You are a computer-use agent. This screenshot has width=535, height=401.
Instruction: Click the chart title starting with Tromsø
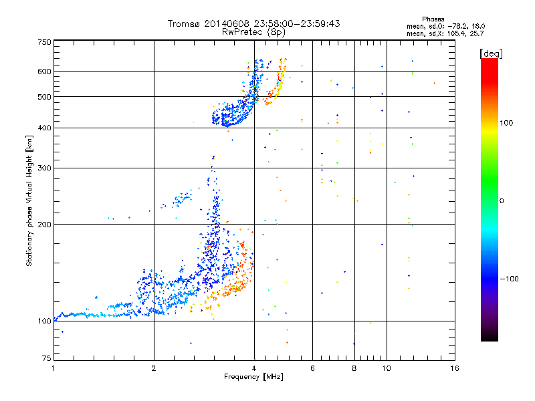point(254,23)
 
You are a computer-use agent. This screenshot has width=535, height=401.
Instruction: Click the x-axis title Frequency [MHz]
point(254,378)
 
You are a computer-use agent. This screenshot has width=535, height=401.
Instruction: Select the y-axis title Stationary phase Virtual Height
point(29,200)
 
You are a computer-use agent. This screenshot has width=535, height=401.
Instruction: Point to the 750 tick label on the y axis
point(44,42)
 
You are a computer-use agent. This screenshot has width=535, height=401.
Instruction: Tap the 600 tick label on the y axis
point(44,71)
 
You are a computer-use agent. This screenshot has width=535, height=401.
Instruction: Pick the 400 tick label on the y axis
point(44,128)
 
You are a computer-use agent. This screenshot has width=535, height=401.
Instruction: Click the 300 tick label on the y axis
point(44,168)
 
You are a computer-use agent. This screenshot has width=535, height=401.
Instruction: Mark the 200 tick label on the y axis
point(44,224)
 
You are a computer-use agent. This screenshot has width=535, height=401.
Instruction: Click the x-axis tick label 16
point(454,368)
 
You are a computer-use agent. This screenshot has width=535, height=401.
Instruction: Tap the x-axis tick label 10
point(386,368)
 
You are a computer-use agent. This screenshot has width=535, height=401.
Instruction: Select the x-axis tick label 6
point(313,368)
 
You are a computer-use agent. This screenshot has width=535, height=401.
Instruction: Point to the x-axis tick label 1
point(53,368)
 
